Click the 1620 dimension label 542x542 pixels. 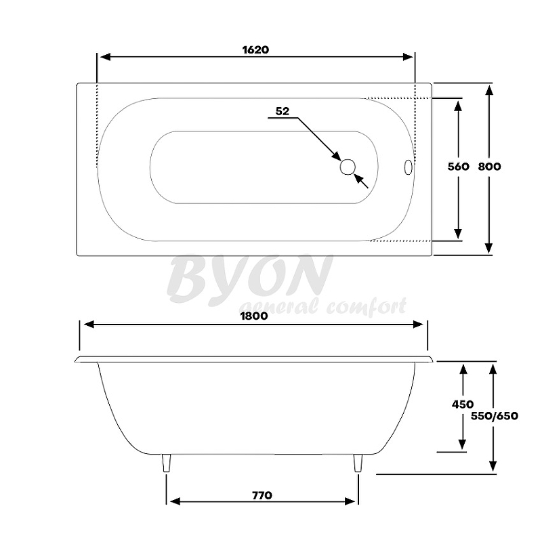(x=255, y=49)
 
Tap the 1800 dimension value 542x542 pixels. (x=253, y=316)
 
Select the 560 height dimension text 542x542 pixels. (x=459, y=167)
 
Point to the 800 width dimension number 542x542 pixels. (x=489, y=167)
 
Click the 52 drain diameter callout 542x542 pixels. (x=283, y=112)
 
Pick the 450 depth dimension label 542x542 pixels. (x=462, y=404)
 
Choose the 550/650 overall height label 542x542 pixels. (x=495, y=416)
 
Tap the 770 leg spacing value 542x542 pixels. (x=262, y=495)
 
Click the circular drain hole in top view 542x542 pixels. (x=348, y=167)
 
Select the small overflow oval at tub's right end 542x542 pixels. (x=407, y=167)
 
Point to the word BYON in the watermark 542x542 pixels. (x=249, y=277)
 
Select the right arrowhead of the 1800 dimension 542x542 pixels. (x=421, y=325)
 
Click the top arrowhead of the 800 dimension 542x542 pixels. (x=489, y=89)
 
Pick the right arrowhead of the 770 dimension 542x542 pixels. (x=352, y=502)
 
